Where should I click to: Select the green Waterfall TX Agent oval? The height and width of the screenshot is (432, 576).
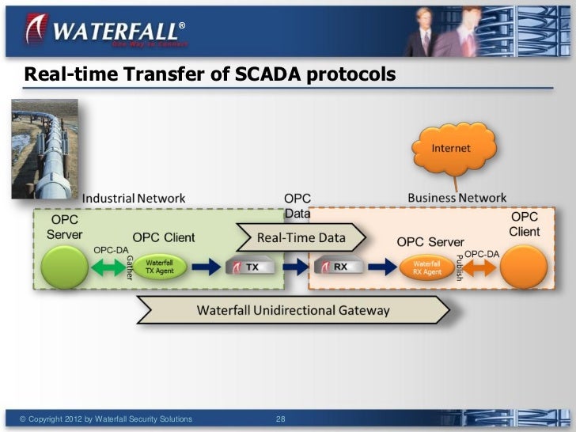(x=159, y=267)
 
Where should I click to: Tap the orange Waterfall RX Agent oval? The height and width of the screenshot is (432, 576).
(x=427, y=267)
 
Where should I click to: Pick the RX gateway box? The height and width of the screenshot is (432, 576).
(x=334, y=267)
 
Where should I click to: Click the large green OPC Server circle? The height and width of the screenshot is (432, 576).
(x=63, y=267)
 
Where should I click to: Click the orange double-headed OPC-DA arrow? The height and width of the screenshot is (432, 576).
(x=479, y=267)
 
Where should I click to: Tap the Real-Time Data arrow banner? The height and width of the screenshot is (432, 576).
(x=302, y=237)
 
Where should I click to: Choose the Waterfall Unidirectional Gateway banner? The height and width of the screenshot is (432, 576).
(x=293, y=310)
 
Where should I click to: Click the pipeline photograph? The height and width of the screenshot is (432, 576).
(x=44, y=148)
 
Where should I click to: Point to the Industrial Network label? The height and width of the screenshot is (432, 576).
(x=134, y=198)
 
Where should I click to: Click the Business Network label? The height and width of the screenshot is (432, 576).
(x=457, y=198)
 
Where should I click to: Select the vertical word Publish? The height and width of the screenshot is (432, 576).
(x=459, y=267)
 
